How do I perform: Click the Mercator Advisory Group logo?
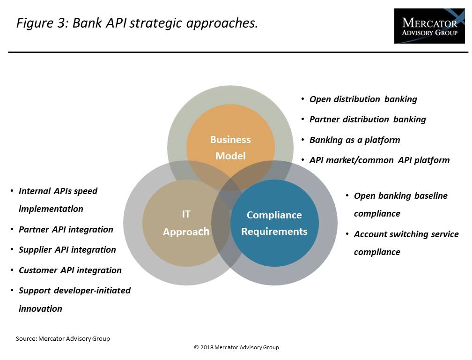[x=429, y=26]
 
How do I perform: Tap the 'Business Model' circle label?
[x=230, y=148]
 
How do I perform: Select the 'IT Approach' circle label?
[x=186, y=223]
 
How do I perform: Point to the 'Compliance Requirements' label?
[x=274, y=223]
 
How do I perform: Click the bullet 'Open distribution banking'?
[x=363, y=99]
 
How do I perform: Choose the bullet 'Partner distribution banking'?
[x=368, y=120]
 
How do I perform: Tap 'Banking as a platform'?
[x=354, y=140]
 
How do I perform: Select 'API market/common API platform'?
[x=379, y=160]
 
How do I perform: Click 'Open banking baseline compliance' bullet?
[x=400, y=204]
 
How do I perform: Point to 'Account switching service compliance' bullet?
[x=406, y=243]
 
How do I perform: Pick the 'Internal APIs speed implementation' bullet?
[x=58, y=200]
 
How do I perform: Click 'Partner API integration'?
[x=66, y=230]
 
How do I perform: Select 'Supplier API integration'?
[x=67, y=250]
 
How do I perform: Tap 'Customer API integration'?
[x=70, y=270]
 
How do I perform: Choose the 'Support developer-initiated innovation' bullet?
[x=74, y=299]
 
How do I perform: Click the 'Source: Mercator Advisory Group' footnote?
[x=63, y=338]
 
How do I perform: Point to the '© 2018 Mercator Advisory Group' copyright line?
[x=236, y=347]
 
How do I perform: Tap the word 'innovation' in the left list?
[x=40, y=309]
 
